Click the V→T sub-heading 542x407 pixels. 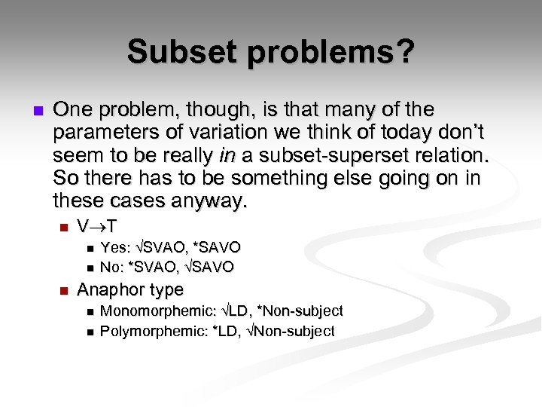click(97, 226)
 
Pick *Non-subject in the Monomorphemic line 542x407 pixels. click(303, 311)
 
